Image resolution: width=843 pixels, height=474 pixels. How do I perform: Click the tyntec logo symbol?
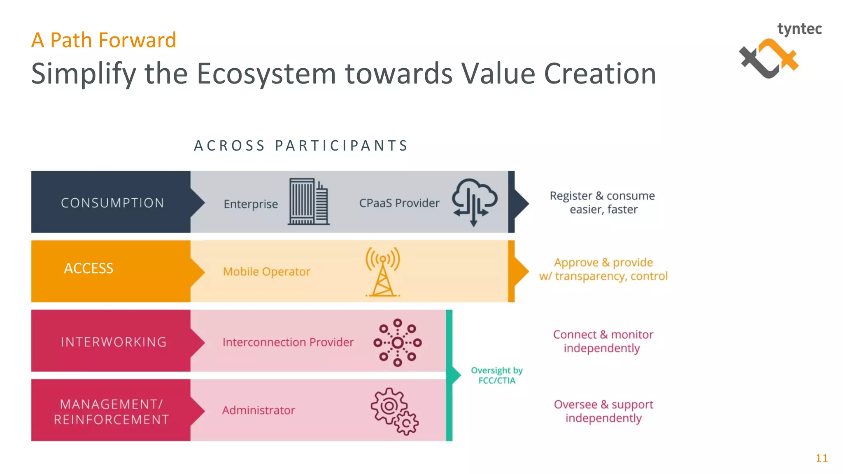768,58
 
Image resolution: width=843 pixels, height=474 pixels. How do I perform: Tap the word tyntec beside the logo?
799,29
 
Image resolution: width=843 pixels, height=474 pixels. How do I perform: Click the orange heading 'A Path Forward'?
104,40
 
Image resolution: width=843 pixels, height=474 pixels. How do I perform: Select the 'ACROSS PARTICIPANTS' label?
301,146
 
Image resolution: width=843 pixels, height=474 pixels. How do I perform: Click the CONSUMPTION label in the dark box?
112,203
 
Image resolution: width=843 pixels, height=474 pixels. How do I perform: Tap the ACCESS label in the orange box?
88,268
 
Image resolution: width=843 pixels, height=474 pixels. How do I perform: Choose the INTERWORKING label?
114,342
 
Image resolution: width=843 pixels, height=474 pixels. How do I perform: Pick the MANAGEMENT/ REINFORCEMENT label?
112,411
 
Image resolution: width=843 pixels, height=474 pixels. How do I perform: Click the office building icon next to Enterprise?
308,202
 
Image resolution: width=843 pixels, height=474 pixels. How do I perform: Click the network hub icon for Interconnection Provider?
397,342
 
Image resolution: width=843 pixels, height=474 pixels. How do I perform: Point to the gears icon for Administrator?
394,411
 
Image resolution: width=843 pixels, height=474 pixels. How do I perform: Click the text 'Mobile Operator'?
266,272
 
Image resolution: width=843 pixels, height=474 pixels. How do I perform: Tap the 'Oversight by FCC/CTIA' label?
497,375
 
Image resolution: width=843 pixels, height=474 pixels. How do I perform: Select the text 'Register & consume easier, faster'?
603,202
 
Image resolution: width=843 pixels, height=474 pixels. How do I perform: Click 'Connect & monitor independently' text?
603,341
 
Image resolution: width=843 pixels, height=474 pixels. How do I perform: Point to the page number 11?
822,458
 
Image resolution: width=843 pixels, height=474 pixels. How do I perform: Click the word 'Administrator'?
258,410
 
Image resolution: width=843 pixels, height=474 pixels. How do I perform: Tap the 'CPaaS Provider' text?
399,203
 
